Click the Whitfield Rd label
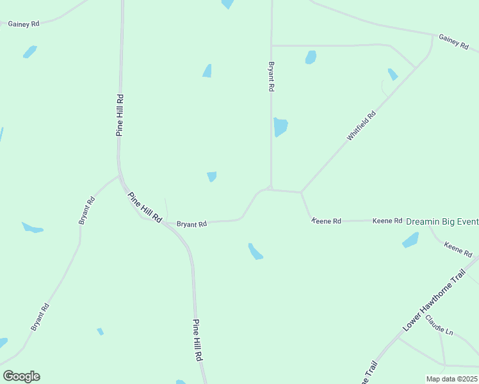click(x=361, y=125)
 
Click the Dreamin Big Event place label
click(x=442, y=221)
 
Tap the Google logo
click(x=21, y=376)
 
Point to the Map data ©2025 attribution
click(x=452, y=379)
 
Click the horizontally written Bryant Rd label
click(x=191, y=224)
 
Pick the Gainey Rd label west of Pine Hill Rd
click(x=24, y=24)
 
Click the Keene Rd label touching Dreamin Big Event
click(x=388, y=221)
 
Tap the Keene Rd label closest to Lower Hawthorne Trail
click(x=457, y=248)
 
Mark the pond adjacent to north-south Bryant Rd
click(x=280, y=127)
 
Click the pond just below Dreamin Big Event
click(x=410, y=241)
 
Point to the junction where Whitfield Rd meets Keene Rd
click(x=301, y=192)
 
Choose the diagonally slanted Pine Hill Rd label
click(x=145, y=207)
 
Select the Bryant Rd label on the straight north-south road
click(x=272, y=77)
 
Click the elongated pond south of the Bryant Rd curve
click(x=256, y=252)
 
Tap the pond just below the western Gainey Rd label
click(x=29, y=52)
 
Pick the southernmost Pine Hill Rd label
click(x=198, y=349)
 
